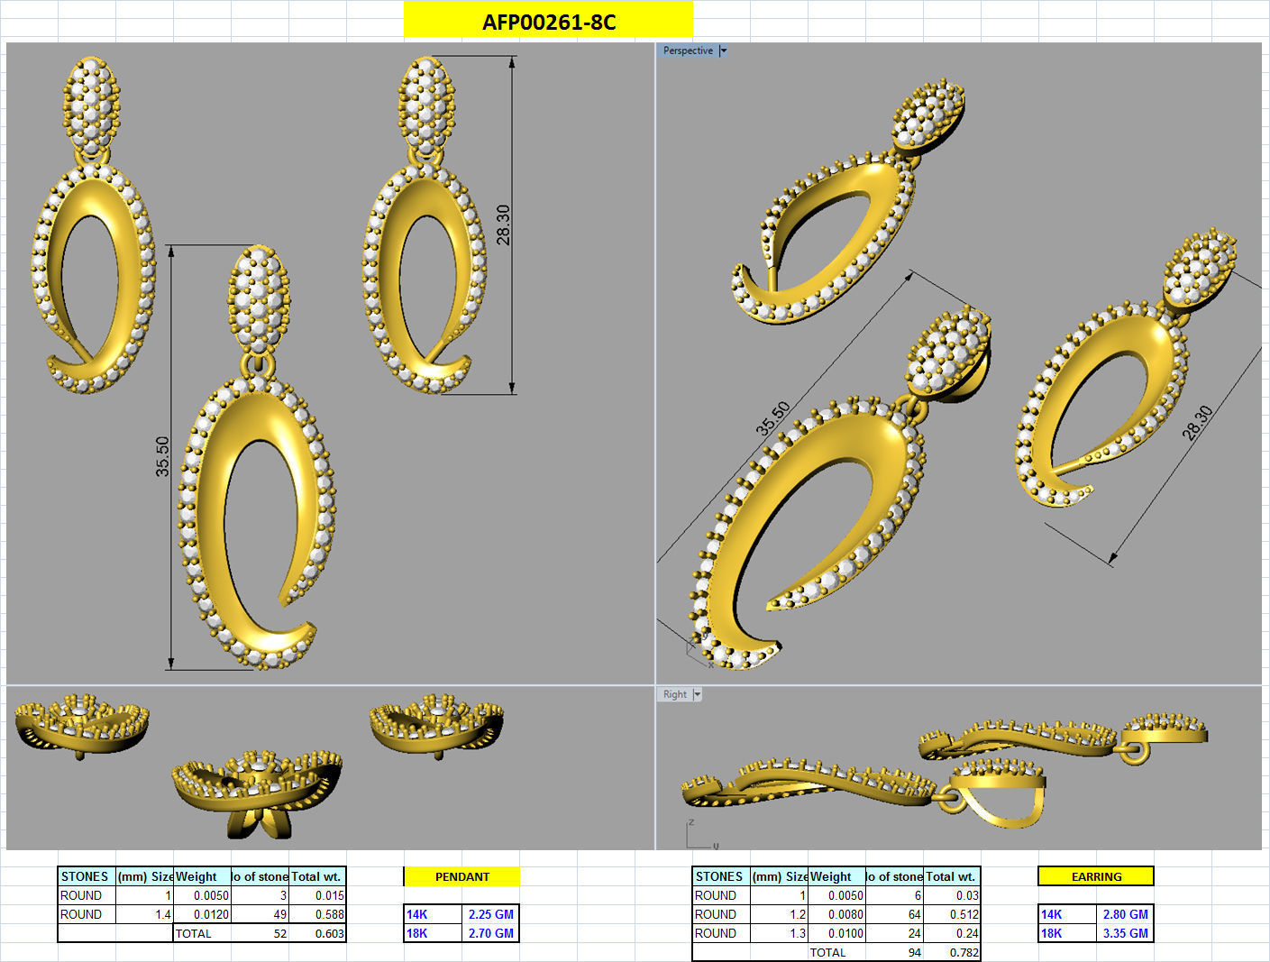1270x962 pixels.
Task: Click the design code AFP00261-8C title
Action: tap(548, 22)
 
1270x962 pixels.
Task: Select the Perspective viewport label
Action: tap(688, 50)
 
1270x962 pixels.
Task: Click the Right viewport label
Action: tap(675, 694)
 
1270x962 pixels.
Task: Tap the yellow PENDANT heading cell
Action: tap(461, 876)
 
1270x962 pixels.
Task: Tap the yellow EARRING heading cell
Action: tap(1096, 876)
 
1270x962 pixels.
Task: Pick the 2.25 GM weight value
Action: tap(490, 914)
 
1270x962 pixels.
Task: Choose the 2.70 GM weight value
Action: tap(490, 933)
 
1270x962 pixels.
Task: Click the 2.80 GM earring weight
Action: tap(1125, 914)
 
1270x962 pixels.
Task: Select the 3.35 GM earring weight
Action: tap(1125, 933)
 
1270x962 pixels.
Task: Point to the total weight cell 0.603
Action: tap(329, 934)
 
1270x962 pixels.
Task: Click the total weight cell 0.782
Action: tap(964, 953)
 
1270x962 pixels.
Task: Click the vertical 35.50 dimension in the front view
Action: tap(162, 456)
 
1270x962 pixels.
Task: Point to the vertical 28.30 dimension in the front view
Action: tap(503, 224)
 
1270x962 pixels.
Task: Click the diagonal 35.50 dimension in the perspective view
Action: tap(772, 418)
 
